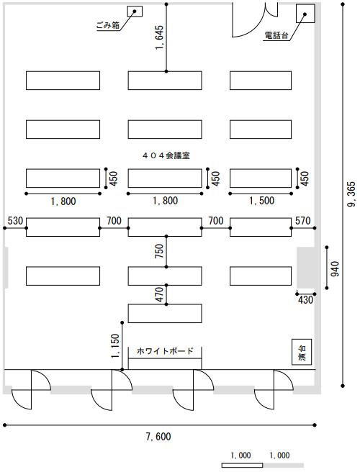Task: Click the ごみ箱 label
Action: pos(108,26)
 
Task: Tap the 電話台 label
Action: pos(276,35)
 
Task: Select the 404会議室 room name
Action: pos(166,155)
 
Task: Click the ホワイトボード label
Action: pos(165,351)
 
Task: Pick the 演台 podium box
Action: pos(302,352)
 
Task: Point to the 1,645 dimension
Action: pos(159,37)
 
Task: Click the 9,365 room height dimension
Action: pos(351,195)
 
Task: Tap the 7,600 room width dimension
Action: pos(158,437)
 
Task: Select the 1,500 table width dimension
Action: pos(261,201)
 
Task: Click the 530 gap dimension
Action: pos(15,221)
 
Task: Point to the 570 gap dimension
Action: pos(303,221)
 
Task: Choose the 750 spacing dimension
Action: pos(159,250)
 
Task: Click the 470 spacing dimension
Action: pos(159,294)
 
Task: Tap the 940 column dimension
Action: pos(335,269)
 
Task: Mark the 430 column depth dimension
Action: pos(305,300)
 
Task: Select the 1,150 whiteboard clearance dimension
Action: pos(115,346)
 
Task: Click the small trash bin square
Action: pos(135,12)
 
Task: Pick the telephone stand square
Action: pos(305,14)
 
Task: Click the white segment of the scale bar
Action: pos(242,466)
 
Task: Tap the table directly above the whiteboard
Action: pos(165,314)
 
